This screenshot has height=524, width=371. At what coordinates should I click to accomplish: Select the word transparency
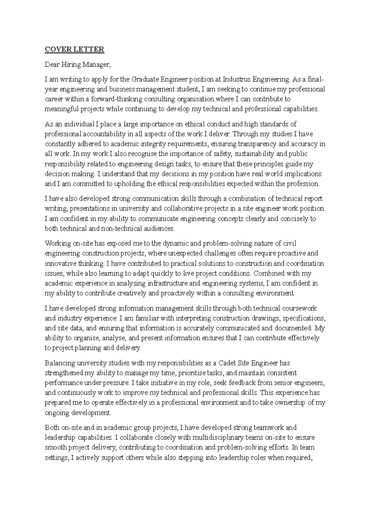(258, 144)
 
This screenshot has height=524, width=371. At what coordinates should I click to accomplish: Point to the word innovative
(60, 264)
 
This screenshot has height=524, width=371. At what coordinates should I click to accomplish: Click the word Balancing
(59, 363)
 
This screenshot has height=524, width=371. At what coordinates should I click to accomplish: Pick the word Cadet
(228, 363)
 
